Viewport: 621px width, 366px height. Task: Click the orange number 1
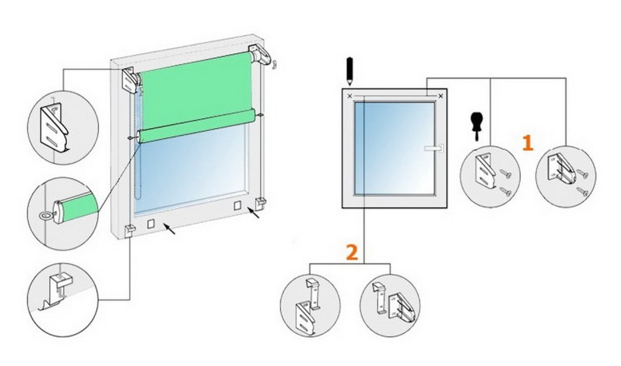pos(528,143)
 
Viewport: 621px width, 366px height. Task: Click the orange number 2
pos(352,252)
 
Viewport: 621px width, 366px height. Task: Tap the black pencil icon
pos(349,72)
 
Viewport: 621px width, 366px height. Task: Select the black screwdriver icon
pos(476,127)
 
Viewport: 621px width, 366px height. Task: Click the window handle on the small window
pos(433,149)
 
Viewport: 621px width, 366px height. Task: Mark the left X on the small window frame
pos(349,95)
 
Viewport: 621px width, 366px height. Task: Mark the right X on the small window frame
pos(441,95)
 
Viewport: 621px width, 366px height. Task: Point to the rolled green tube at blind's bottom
pos(196,125)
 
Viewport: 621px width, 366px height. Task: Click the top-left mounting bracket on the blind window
pos(130,80)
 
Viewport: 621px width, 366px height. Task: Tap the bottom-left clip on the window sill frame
pos(130,230)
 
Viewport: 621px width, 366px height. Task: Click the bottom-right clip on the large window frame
pos(260,203)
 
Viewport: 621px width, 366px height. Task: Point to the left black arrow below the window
pos(169,228)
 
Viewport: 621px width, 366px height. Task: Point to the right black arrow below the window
pos(255,213)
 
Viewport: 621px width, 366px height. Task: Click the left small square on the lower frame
pos(151,224)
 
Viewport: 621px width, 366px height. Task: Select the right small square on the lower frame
pos(237,205)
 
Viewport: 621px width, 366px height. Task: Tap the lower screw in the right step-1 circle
pos(583,193)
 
